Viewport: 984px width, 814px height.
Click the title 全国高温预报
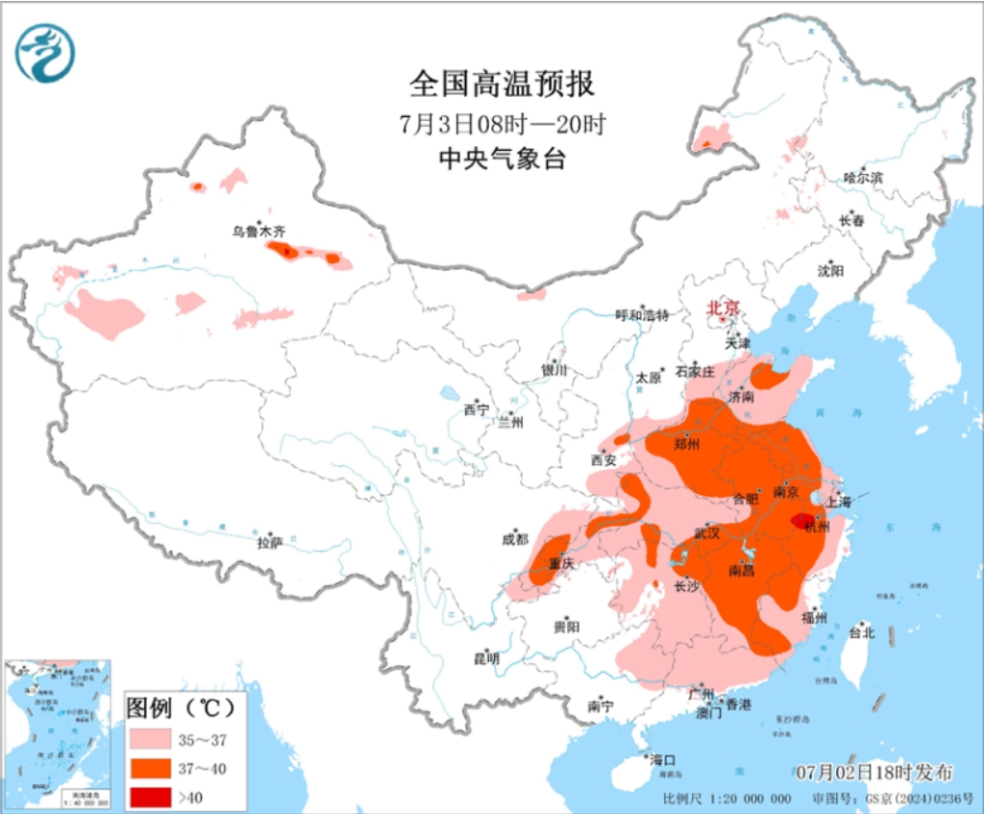tap(502, 85)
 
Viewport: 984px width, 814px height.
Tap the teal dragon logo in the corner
tap(45, 53)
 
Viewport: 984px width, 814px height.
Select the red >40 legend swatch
tap(150, 796)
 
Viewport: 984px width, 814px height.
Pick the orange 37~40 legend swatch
tap(150, 769)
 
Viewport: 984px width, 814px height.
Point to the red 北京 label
tap(724, 308)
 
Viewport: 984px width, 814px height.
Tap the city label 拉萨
tap(270, 543)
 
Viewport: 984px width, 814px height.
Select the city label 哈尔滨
tap(862, 177)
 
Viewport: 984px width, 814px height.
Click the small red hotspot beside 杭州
tap(801, 520)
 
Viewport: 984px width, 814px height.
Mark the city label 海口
tap(662, 759)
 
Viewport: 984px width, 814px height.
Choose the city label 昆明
tap(486, 658)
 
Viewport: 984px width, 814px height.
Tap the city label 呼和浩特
tap(642, 314)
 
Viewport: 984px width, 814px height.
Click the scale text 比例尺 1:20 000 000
tap(726, 799)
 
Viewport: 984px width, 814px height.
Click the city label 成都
tap(515, 539)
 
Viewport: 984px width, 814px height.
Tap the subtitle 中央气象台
tap(502, 159)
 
